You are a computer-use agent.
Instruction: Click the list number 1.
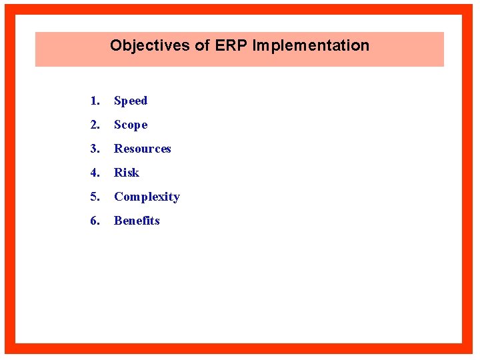coord(95,101)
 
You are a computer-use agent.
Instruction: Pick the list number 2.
coord(95,125)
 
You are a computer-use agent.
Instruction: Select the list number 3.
coord(95,149)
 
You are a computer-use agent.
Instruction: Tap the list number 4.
coord(95,173)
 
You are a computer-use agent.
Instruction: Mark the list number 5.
coord(95,197)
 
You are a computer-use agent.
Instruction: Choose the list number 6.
coord(95,221)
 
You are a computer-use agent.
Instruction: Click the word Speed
coord(131,101)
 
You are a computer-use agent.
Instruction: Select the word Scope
coord(131,125)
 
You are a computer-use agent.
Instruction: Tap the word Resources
coord(143,149)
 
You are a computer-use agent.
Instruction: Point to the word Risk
coord(127,173)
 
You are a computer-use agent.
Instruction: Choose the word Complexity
coord(147,197)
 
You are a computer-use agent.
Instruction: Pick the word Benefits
coord(137,221)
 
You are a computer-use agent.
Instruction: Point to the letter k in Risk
coord(135,173)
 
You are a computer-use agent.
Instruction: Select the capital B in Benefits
coord(118,221)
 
